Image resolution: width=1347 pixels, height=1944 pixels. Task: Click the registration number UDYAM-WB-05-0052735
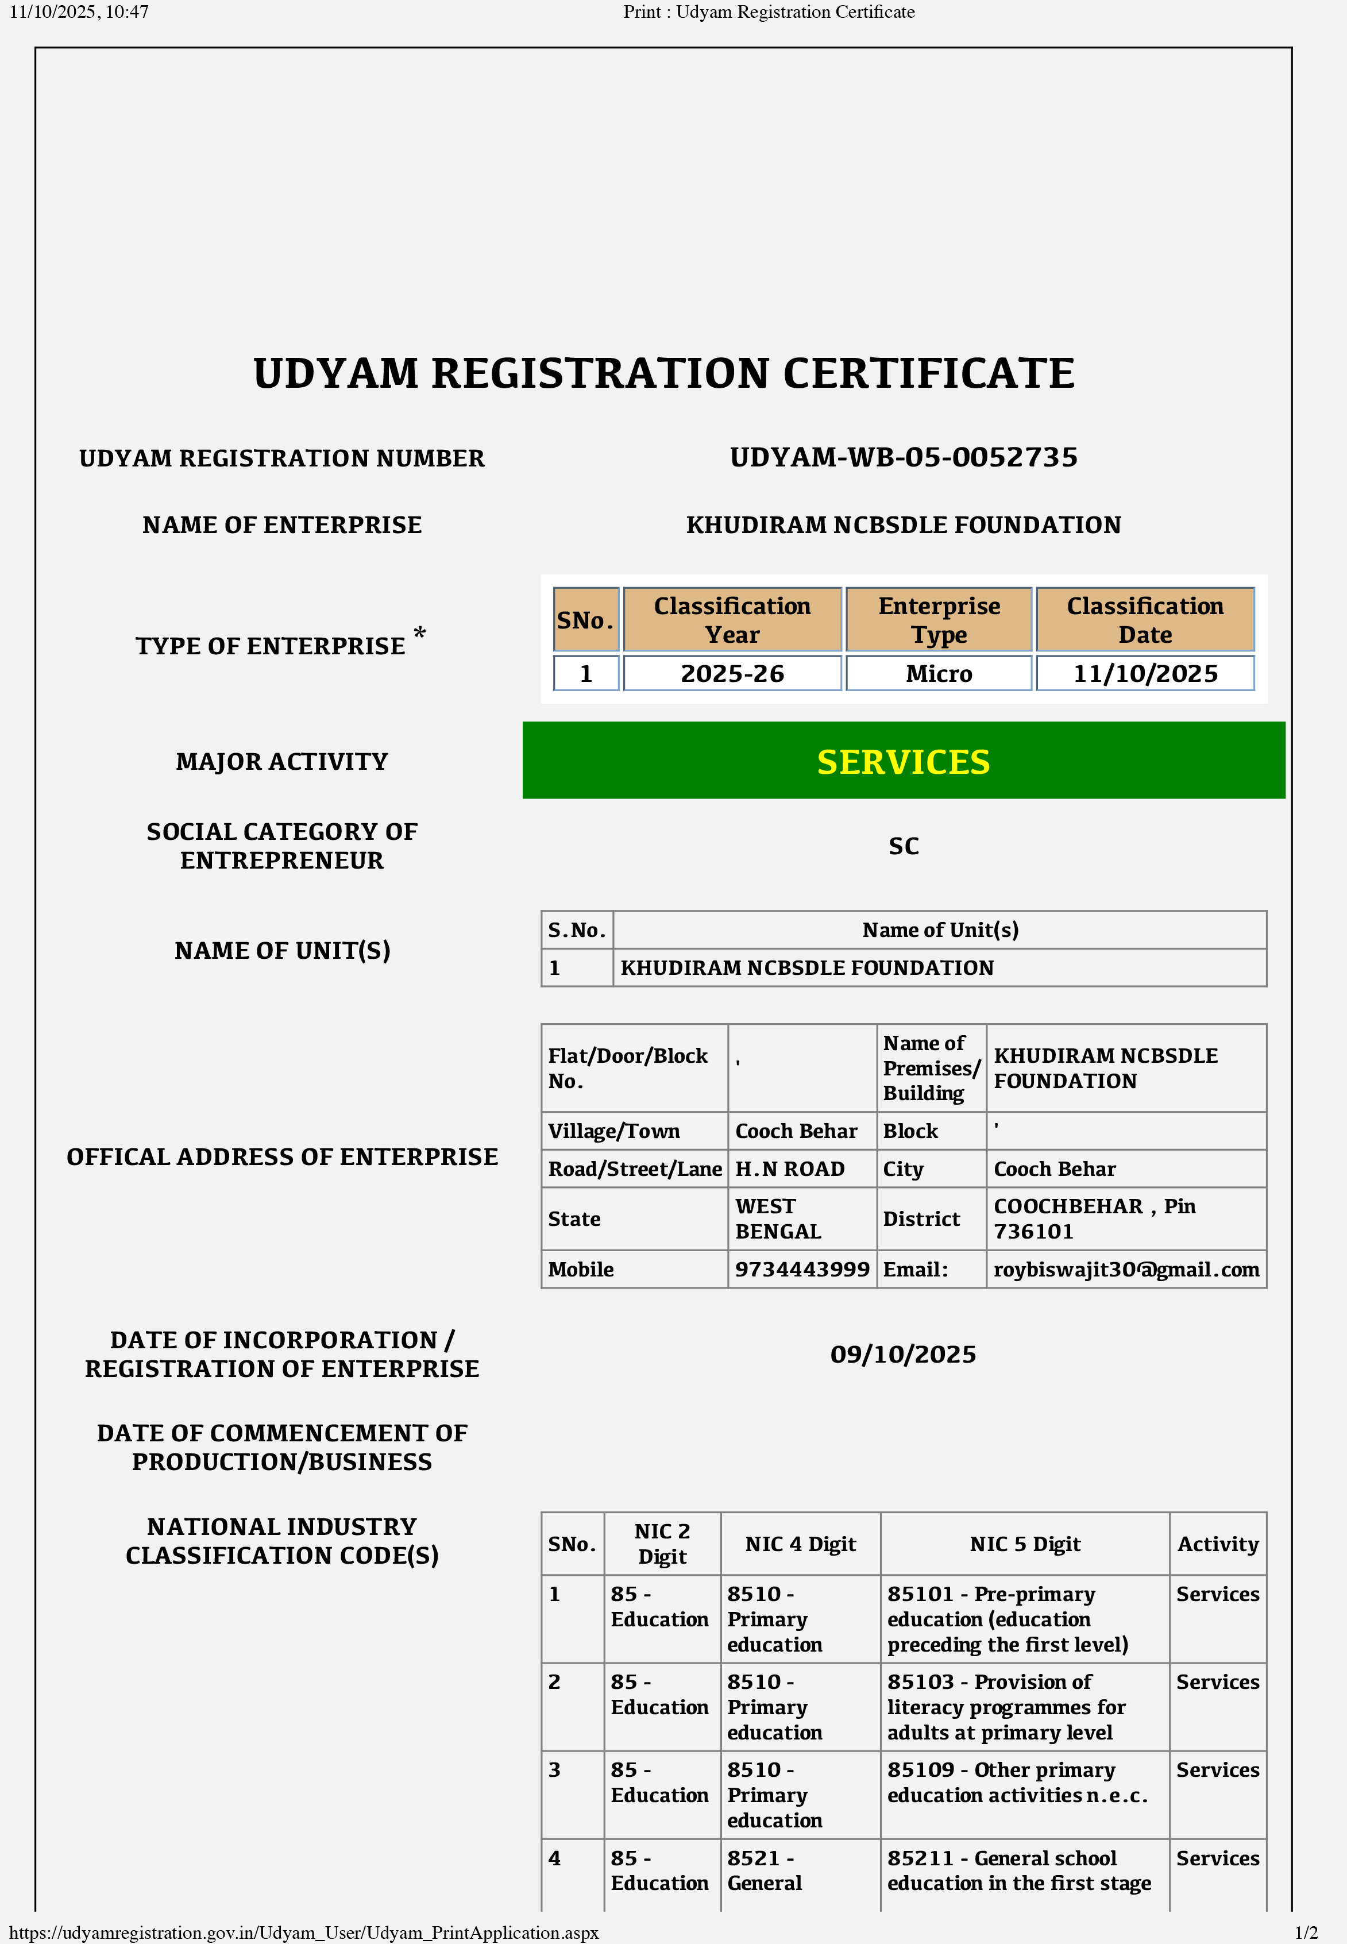pyautogui.click(x=903, y=457)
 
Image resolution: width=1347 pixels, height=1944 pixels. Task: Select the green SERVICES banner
pyautogui.click(x=903, y=761)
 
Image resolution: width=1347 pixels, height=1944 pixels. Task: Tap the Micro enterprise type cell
pyautogui.click(x=939, y=674)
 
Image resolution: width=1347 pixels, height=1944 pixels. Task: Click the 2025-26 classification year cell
pyautogui.click(x=732, y=674)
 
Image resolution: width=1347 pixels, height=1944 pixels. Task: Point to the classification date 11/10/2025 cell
pyautogui.click(x=1144, y=674)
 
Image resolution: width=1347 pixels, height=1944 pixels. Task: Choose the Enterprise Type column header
pyautogui.click(x=939, y=620)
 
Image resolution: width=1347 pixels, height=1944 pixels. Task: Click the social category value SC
pyautogui.click(x=903, y=846)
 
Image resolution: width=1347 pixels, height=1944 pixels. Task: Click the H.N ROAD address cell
pyautogui.click(x=790, y=1168)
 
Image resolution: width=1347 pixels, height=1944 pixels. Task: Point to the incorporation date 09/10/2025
pyautogui.click(x=903, y=1354)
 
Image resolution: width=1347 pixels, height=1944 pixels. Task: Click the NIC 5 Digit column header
pyautogui.click(x=1025, y=1544)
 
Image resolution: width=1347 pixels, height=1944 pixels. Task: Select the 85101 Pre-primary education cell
pyautogui.click(x=1007, y=1619)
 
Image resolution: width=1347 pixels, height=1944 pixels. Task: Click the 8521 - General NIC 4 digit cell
pyautogui.click(x=764, y=1870)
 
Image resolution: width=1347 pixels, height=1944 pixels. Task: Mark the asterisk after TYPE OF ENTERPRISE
pyautogui.click(x=419, y=633)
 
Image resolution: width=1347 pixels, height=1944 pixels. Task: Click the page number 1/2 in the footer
pyautogui.click(x=1306, y=1932)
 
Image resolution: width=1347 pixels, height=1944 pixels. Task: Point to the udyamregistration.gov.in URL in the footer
pyautogui.click(x=304, y=1932)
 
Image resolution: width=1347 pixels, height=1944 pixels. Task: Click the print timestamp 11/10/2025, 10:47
pyautogui.click(x=79, y=12)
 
